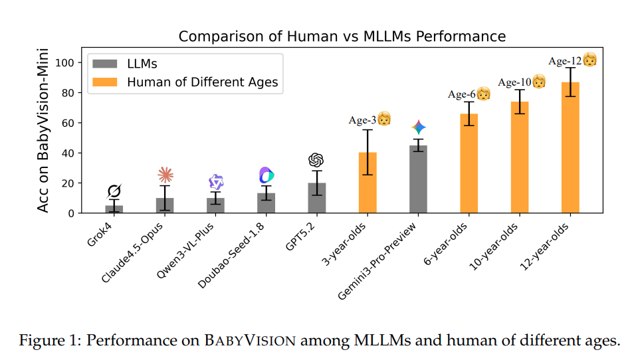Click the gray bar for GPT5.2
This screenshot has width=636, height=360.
[316, 199]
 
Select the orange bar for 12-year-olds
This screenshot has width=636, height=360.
[570, 147]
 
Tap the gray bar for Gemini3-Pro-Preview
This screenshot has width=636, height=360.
[418, 179]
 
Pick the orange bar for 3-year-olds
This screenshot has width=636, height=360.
[368, 183]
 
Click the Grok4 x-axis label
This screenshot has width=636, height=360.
[100, 233]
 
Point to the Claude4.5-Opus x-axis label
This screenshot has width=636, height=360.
[136, 249]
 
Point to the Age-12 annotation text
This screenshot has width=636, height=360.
[564, 61]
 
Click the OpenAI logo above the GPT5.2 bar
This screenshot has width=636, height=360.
[316, 160]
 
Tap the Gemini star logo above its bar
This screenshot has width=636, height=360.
[418, 128]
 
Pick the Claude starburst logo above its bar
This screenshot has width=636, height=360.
[165, 175]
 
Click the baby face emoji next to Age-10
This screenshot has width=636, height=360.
[539, 82]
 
